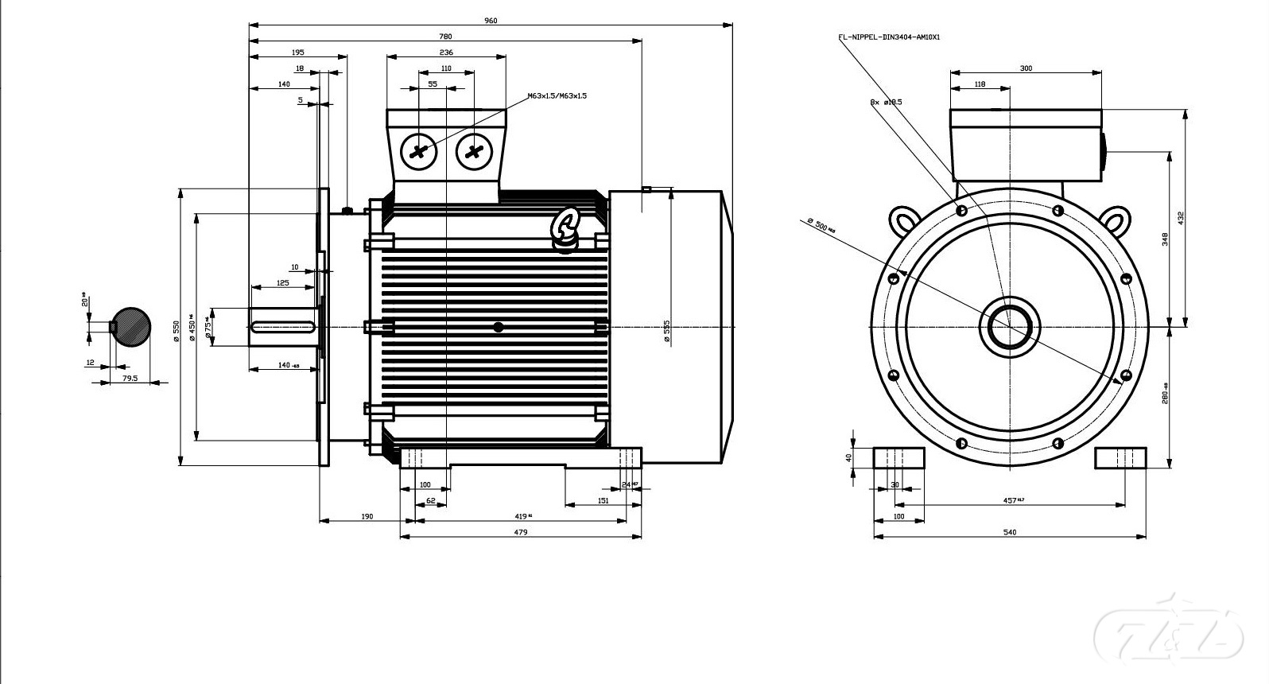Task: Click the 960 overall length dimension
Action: tap(491, 21)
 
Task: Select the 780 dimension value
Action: tap(445, 37)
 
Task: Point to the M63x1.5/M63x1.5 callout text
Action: tap(557, 96)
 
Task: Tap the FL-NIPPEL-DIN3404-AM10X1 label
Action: tap(889, 37)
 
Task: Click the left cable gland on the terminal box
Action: tap(418, 151)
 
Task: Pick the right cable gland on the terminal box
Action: tap(474, 151)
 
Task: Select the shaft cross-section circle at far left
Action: tap(130, 326)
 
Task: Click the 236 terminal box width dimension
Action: tap(446, 52)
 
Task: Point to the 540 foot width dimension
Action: tap(1010, 533)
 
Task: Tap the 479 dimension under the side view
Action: tap(521, 533)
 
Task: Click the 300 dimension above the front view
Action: tap(1026, 68)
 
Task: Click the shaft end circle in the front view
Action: tap(1010, 326)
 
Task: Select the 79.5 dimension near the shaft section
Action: tap(129, 379)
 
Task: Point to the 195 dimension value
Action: tap(297, 52)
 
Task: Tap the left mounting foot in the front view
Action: tap(899, 458)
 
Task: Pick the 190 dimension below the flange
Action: tap(367, 517)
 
